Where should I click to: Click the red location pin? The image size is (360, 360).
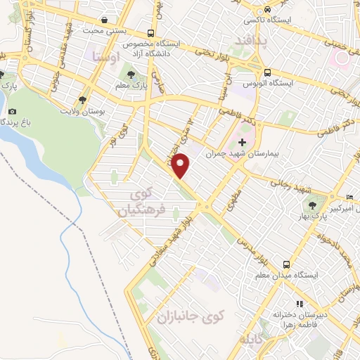pyautogui.click(x=181, y=165)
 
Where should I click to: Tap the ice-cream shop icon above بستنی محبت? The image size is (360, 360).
pyautogui.click(x=105, y=20)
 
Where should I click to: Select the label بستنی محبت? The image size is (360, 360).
pyautogui.click(x=98, y=31)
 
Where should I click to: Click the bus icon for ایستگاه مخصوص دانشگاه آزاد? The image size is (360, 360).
pyautogui.click(x=151, y=32)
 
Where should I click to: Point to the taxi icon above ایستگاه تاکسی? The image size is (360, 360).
pyautogui.click(x=267, y=10)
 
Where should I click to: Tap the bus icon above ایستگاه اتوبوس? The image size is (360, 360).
pyautogui.click(x=267, y=72)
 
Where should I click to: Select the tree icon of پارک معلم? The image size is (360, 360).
pyautogui.click(x=129, y=73)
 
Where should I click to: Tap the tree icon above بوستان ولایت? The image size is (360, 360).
pyautogui.click(x=82, y=101)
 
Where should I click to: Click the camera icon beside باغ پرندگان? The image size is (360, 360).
pyautogui.click(x=12, y=111)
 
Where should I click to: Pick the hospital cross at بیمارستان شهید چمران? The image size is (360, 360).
pyautogui.click(x=243, y=143)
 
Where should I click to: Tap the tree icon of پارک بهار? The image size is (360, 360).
pyautogui.click(x=311, y=204)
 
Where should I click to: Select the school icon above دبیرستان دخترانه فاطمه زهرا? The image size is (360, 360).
pyautogui.click(x=299, y=304)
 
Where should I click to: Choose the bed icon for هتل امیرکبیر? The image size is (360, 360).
pyautogui.click(x=349, y=196)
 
